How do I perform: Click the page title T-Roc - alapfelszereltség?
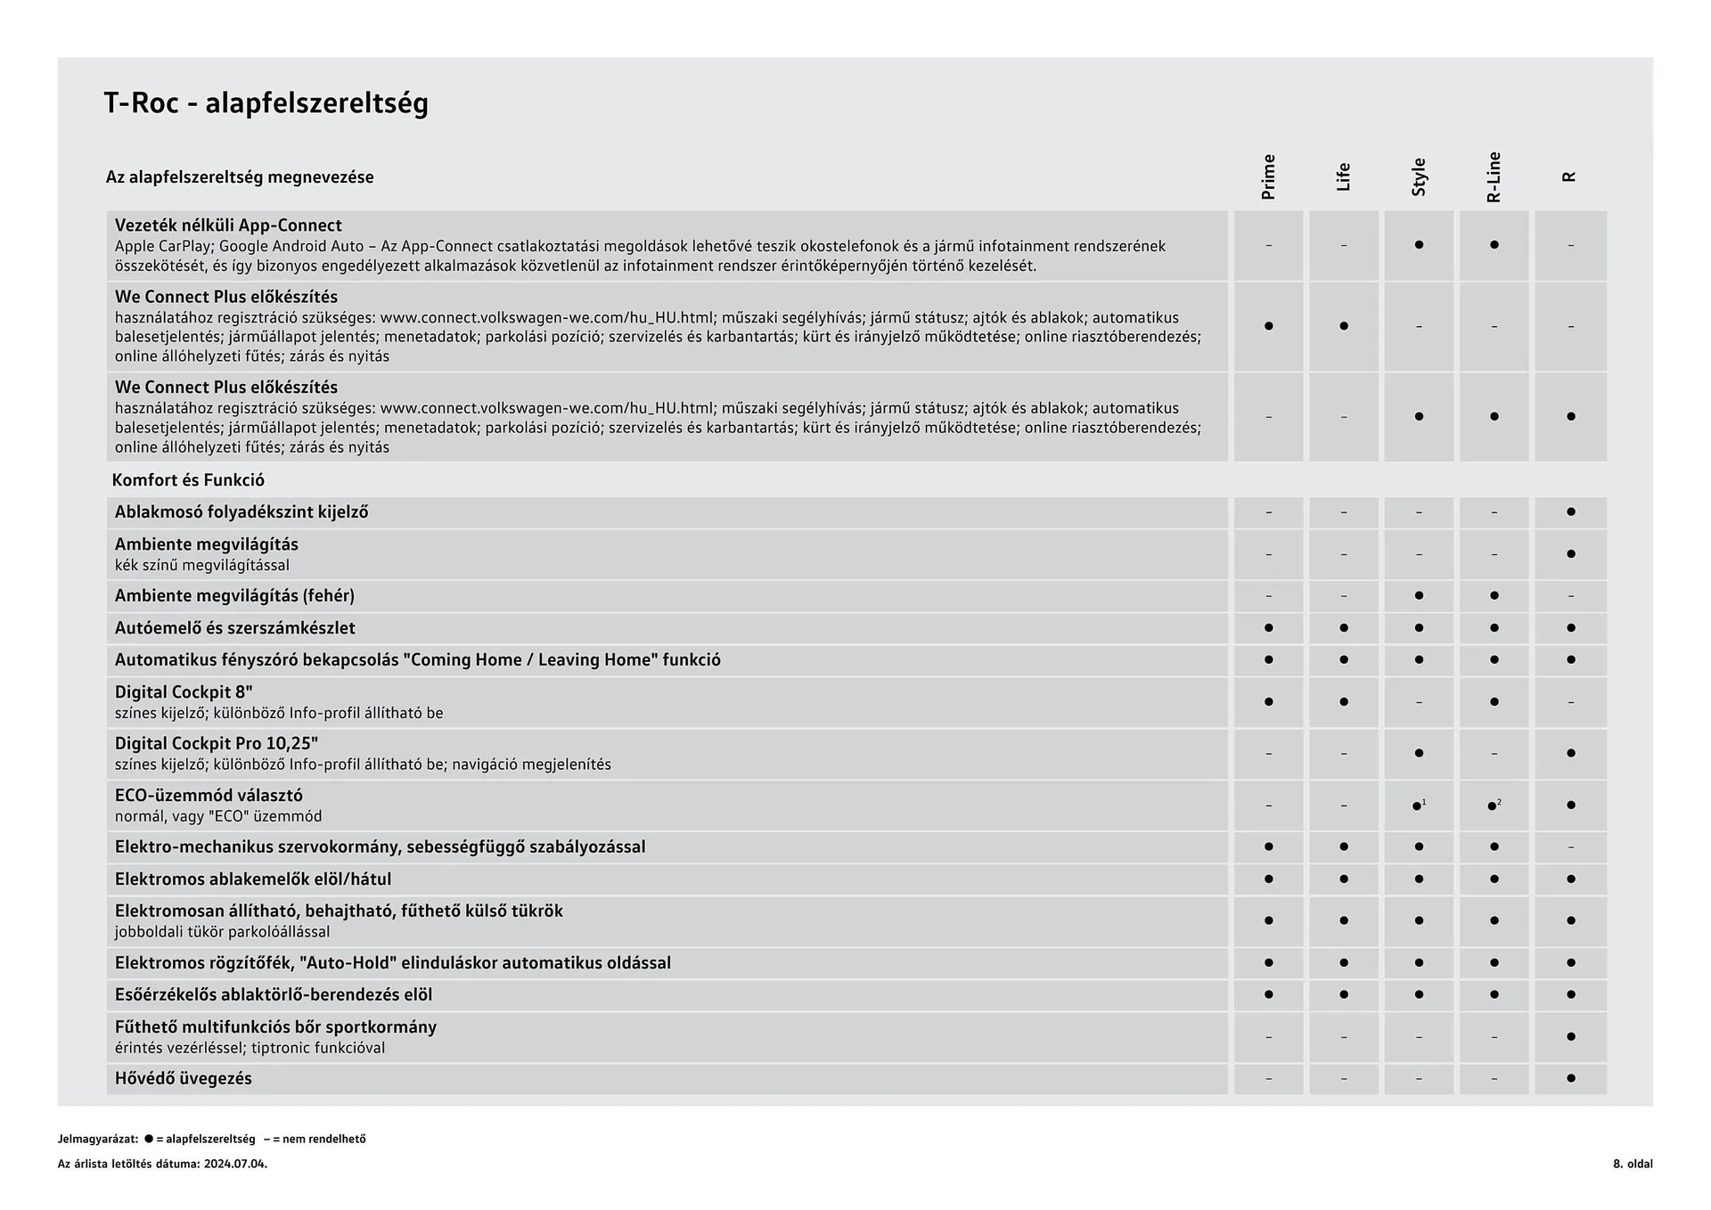(266, 103)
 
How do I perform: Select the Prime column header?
(1268, 176)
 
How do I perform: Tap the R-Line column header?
(1494, 176)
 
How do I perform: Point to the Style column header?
(1419, 176)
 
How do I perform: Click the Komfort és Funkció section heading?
(188, 480)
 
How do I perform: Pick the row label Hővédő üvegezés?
(183, 1079)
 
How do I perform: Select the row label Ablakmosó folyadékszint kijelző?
(241, 512)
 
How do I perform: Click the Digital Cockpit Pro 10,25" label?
(217, 743)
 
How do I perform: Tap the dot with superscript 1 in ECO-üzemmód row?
(1418, 806)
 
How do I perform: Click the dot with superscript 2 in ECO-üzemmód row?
(1493, 806)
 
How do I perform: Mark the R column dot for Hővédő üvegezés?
(1570, 1079)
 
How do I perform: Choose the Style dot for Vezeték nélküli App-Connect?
(1419, 245)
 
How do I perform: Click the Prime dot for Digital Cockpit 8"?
(1268, 702)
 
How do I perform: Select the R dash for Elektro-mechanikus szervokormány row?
(1570, 847)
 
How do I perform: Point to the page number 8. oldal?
(1632, 1164)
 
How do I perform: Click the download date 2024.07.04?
(235, 1164)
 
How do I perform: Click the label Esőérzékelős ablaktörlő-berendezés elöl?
(273, 995)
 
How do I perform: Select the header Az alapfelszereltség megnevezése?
(239, 177)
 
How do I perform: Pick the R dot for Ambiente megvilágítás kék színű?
(1570, 554)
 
